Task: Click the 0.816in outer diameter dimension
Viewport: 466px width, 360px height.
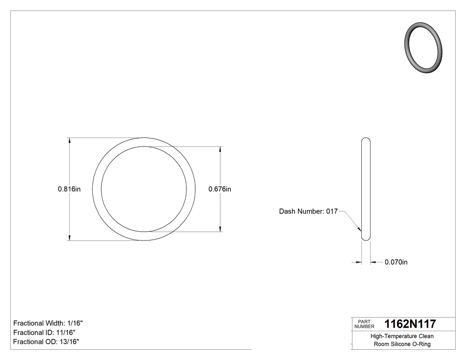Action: [x=69, y=189]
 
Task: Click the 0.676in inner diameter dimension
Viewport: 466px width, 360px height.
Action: [x=220, y=189]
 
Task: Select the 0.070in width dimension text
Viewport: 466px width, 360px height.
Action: [x=396, y=262]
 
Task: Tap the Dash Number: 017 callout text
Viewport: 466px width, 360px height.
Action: [x=308, y=212]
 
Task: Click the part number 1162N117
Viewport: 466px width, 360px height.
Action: [x=410, y=324]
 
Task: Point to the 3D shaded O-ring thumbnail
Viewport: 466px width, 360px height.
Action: [x=424, y=47]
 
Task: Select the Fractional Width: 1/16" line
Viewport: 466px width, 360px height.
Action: [x=48, y=323]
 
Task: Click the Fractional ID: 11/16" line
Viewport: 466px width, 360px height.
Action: [x=44, y=332]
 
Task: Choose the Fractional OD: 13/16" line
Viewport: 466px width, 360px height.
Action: [x=46, y=342]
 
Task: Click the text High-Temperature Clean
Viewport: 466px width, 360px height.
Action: [x=402, y=336]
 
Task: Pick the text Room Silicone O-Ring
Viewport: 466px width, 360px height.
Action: [x=402, y=344]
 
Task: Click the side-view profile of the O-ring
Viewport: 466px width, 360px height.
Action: [x=366, y=189]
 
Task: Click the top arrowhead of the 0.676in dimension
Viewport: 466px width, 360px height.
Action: [x=221, y=150]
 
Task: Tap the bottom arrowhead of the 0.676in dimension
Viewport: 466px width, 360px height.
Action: [x=221, y=229]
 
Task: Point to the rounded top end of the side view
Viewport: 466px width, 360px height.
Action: [x=366, y=140]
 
